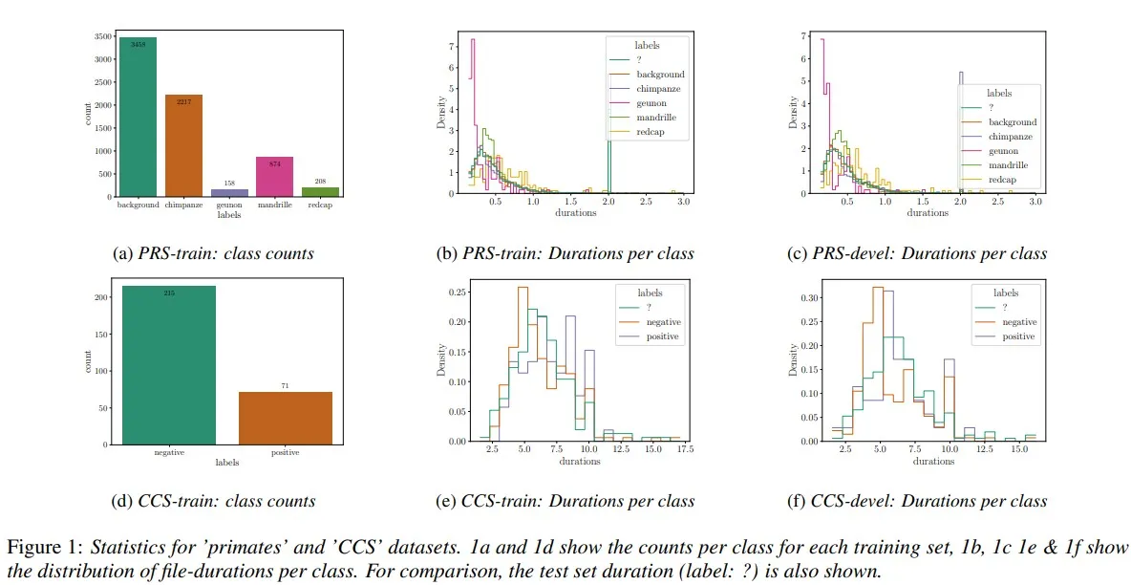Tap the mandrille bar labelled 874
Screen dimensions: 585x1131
tap(274, 177)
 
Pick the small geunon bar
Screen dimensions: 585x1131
tap(229, 192)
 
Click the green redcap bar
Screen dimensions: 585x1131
tap(320, 191)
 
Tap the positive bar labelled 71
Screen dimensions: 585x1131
tap(286, 418)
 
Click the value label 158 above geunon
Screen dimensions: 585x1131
tap(229, 183)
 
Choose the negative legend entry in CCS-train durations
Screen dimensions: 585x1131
tap(659, 322)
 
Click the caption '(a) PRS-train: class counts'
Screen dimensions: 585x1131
tap(213, 253)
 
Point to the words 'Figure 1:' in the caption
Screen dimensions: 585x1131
tap(46, 548)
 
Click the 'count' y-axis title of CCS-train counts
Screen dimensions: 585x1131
tap(89, 361)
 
